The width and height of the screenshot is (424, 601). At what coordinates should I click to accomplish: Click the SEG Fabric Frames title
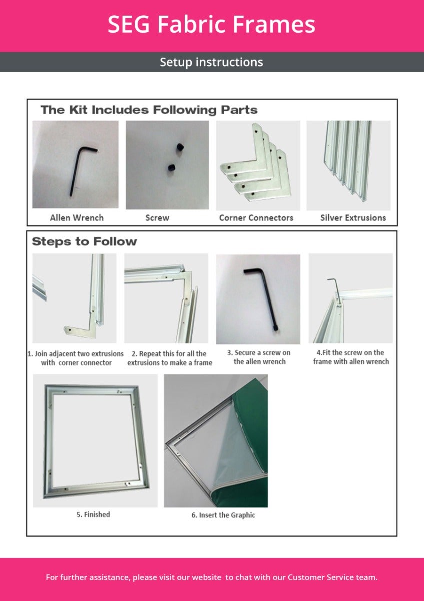[211, 24]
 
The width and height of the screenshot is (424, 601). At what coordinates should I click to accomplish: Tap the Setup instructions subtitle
[211, 62]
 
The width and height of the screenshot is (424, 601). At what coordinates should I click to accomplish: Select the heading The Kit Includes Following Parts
[149, 110]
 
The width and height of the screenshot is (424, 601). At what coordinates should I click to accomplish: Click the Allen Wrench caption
[77, 218]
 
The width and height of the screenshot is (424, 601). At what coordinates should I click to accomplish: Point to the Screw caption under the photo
[157, 218]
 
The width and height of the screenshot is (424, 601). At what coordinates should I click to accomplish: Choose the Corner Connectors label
[256, 218]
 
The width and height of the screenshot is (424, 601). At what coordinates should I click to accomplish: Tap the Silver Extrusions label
[353, 218]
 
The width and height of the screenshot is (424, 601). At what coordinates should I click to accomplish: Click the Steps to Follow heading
[84, 242]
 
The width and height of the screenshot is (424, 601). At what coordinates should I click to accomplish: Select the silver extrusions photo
[348, 160]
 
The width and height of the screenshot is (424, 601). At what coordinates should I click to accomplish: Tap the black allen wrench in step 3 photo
[260, 295]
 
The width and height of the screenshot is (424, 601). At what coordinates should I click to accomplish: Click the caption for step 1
[75, 358]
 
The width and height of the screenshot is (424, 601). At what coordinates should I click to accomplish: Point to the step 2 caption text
[169, 358]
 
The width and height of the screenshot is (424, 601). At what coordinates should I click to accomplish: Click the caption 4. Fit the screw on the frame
[351, 357]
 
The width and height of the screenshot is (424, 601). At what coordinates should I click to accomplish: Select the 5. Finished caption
[93, 514]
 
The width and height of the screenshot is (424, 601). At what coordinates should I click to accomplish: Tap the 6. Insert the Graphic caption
[223, 515]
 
